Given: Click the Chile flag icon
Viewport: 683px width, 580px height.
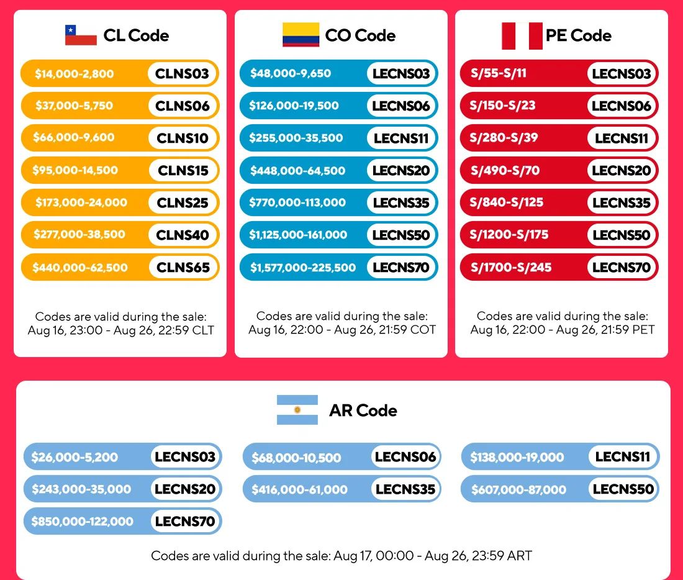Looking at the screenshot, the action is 81,35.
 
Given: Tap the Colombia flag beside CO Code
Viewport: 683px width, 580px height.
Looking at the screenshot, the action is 301,34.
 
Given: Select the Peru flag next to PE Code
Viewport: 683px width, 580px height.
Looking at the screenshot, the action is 522,36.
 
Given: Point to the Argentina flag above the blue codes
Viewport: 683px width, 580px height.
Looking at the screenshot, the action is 297,410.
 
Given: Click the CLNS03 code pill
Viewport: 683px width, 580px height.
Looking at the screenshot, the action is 182,74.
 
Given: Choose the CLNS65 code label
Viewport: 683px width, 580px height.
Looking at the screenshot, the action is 183,267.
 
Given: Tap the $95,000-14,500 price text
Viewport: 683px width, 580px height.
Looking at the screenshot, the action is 75,170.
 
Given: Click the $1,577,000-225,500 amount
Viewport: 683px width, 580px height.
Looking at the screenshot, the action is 303,267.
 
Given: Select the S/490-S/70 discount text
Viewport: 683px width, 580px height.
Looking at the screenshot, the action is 505,170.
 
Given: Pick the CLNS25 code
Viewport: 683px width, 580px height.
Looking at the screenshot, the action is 183,202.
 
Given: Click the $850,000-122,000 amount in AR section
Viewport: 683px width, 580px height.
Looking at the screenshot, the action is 83,521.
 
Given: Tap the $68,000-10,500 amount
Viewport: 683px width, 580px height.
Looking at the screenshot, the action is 296,458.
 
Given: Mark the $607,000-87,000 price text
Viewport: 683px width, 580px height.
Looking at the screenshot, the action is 519,490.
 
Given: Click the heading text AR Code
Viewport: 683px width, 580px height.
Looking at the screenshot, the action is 363,410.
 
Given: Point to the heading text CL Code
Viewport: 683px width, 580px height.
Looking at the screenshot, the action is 136,35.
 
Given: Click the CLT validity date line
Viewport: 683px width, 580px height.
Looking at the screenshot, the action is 120,330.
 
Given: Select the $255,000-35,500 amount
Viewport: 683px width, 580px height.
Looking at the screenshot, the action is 296,138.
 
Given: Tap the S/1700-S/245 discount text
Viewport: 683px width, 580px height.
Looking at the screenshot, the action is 511,267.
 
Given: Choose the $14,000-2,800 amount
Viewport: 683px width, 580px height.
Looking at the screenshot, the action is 74,74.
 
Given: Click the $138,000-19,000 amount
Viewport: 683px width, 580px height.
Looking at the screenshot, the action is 517,457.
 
